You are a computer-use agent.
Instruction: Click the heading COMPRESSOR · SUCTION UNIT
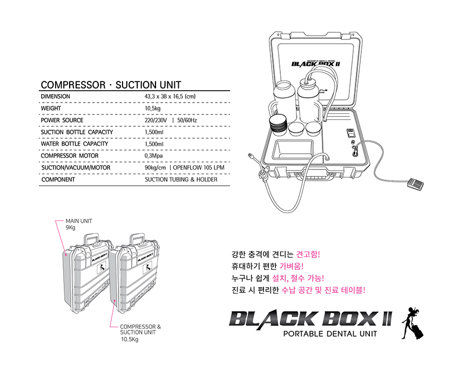[x=111, y=85]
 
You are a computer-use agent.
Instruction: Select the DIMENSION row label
[x=55, y=97]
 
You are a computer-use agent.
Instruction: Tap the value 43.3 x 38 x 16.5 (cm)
[x=170, y=97]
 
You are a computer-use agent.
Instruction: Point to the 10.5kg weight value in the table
[x=152, y=108]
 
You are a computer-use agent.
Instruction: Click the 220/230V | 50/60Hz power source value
[x=171, y=120]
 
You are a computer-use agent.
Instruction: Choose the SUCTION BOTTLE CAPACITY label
[x=77, y=132]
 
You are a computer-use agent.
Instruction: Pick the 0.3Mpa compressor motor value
[x=153, y=156]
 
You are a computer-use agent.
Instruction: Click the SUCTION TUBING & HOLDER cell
[x=181, y=180]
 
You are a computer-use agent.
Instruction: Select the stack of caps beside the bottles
[x=278, y=125]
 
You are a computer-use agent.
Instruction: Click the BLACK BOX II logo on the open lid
[x=315, y=64]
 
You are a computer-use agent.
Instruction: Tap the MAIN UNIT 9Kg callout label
[x=78, y=224]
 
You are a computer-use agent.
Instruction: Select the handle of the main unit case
[x=91, y=239]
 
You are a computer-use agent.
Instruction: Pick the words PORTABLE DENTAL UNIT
[x=330, y=334]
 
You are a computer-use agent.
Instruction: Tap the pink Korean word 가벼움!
[x=291, y=266]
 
